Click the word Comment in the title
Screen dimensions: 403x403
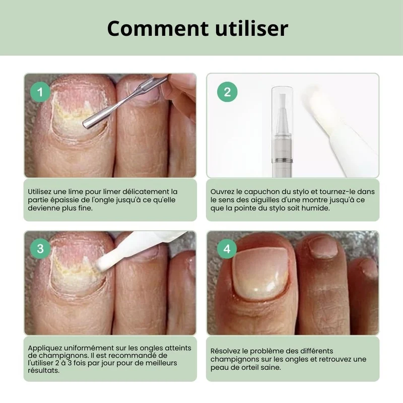pyautogui.click(x=158, y=28)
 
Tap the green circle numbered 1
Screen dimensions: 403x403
pyautogui.click(x=40, y=92)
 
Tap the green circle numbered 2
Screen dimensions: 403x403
pyautogui.click(x=227, y=92)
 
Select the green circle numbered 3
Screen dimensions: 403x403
pyautogui.click(x=40, y=248)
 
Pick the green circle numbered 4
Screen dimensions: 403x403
pyautogui.click(x=227, y=248)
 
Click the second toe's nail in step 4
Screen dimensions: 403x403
pyautogui.click(x=323, y=247)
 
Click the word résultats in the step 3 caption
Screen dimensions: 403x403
pyautogui.click(x=44, y=371)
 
